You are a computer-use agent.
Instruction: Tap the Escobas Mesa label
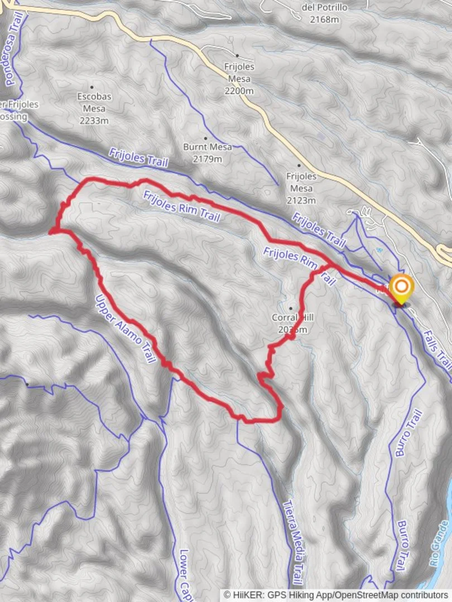(94, 102)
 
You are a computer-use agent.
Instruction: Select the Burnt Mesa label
(203, 147)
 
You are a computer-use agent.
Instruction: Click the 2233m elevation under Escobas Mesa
(94, 120)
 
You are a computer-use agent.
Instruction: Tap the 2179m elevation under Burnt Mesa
(203, 159)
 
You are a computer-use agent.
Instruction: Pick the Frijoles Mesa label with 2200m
(239, 72)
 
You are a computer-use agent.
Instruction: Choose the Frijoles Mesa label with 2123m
(301, 182)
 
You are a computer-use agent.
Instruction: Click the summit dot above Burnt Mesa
(205, 138)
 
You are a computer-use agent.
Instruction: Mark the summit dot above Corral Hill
(291, 308)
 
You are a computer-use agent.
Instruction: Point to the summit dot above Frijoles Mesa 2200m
(237, 56)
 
